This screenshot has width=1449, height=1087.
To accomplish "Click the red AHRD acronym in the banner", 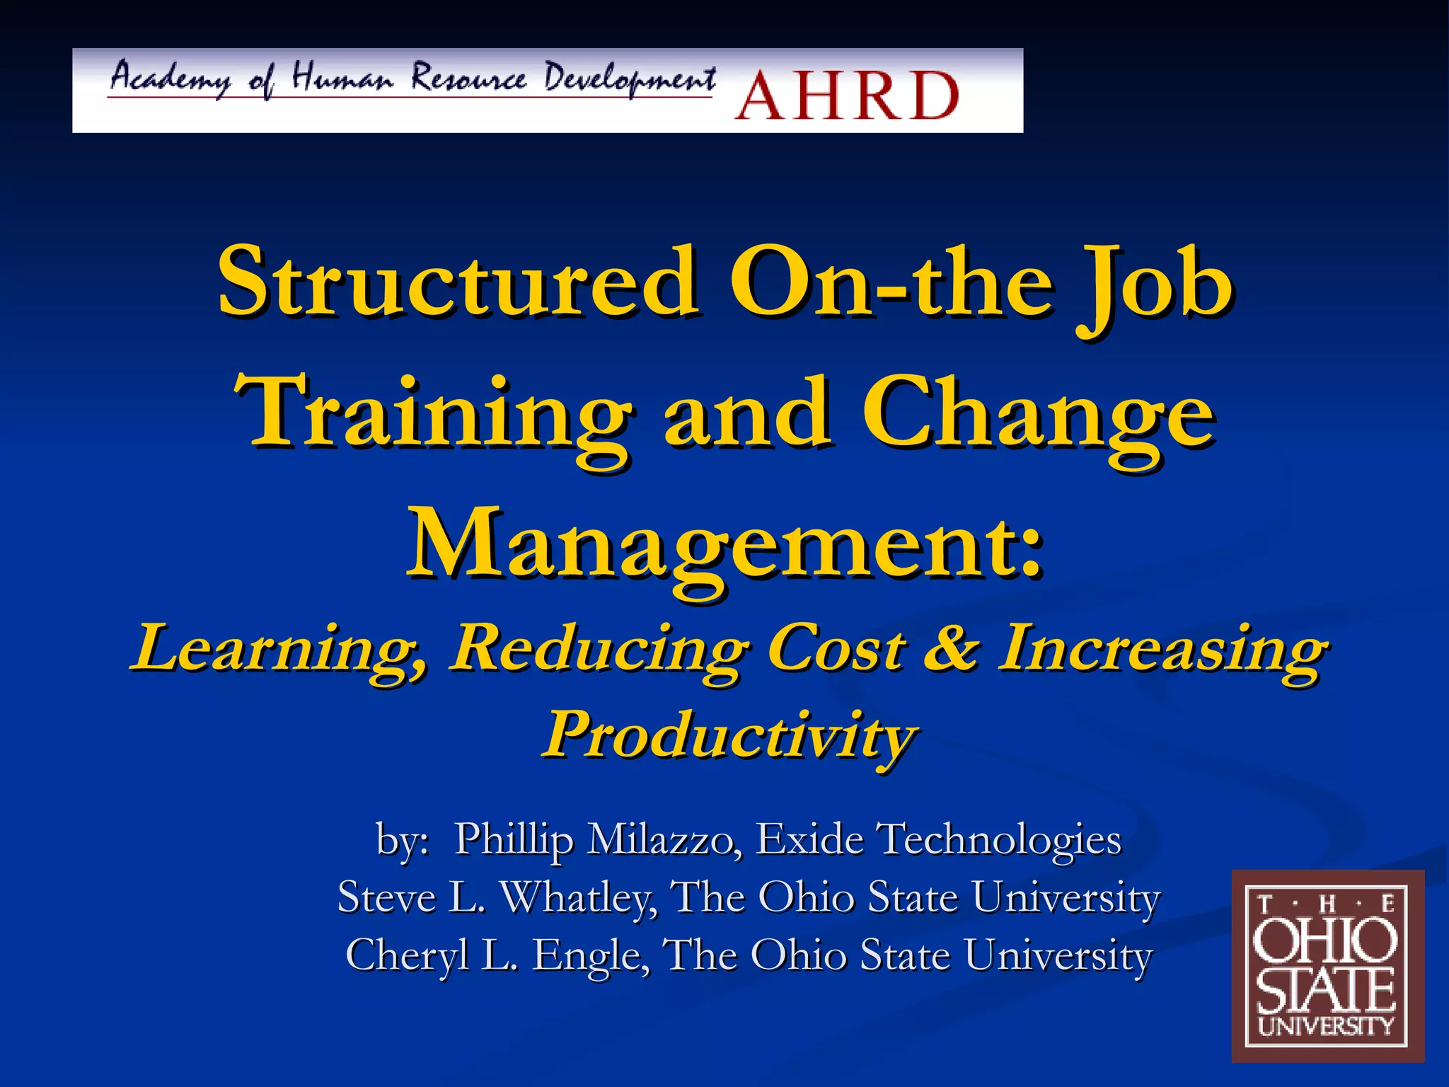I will pyautogui.click(x=847, y=95).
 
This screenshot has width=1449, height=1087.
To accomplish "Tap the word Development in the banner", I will pyautogui.click(x=630, y=79).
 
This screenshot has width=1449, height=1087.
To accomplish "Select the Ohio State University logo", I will pyautogui.click(x=1327, y=966).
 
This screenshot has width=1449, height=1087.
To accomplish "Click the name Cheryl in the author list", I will pyautogui.click(x=407, y=955).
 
